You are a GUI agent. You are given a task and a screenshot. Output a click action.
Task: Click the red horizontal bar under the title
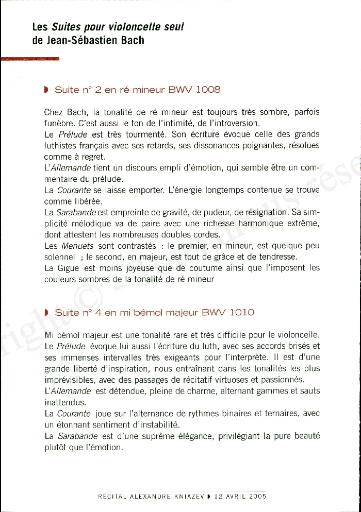[30, 59]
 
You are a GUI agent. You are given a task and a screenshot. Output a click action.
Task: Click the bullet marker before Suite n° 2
[46, 90]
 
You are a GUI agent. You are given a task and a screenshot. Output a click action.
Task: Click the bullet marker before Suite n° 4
[46, 313]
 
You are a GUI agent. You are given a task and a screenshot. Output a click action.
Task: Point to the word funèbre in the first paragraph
[59, 123]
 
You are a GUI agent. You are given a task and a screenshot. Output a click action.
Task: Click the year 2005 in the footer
[256, 497]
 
